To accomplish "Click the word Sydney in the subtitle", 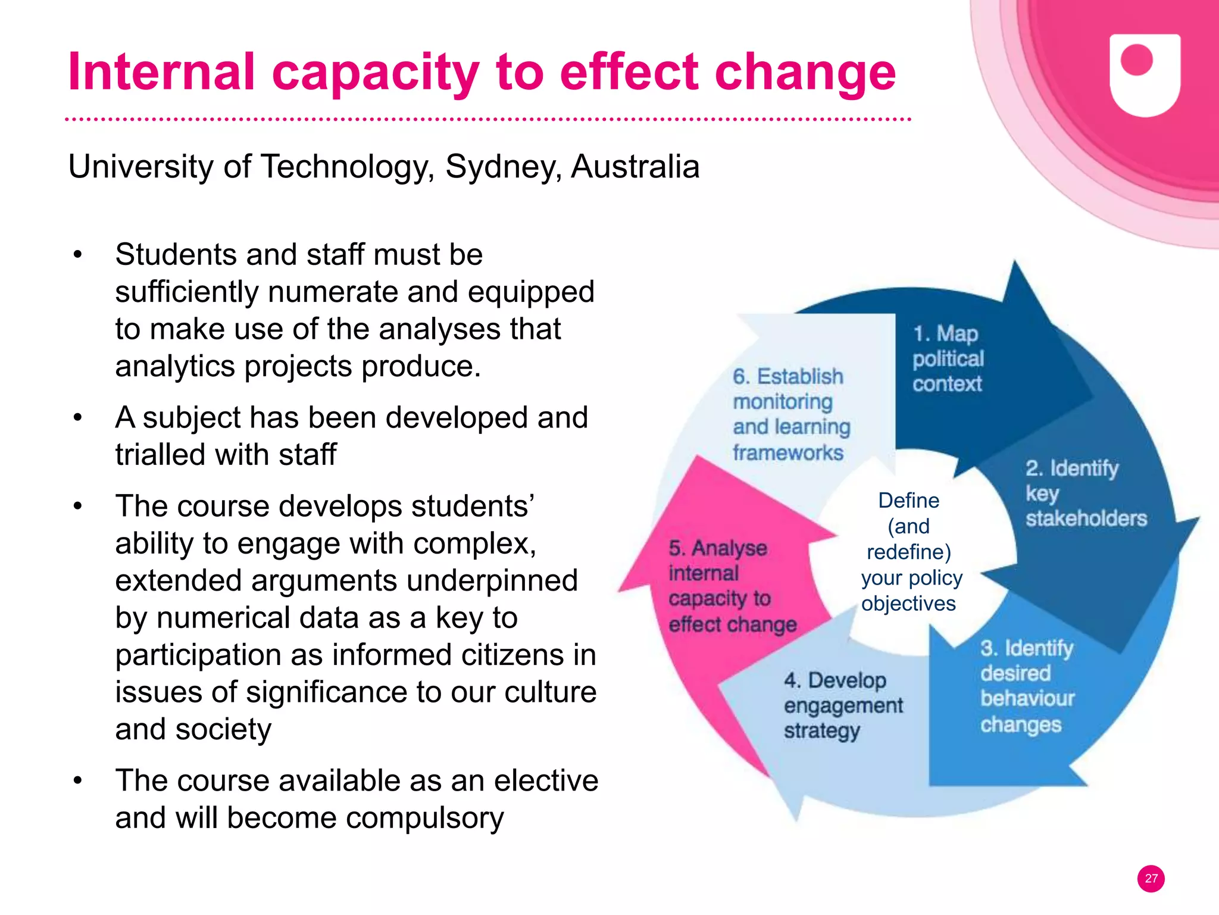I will tap(503, 167).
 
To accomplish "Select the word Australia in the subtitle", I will tap(635, 167).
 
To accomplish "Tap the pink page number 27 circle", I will tap(1151, 879).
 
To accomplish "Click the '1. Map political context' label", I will tap(948, 359).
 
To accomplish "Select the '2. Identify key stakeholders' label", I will tap(1084, 494).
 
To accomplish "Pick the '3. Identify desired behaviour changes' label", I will tap(1027, 686).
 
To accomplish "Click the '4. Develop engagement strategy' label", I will tap(842, 705).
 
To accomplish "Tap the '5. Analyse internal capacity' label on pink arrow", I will tap(732, 586).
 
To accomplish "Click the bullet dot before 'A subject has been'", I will tap(77, 418).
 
